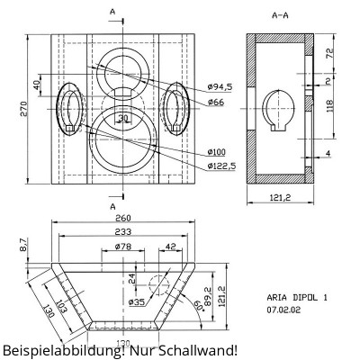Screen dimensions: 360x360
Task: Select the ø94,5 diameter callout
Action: point(220,86)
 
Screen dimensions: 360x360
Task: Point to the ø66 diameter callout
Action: point(215,102)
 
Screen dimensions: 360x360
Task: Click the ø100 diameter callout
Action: point(216,151)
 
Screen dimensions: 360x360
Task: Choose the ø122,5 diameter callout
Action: point(220,166)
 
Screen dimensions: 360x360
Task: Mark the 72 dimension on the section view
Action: point(329,54)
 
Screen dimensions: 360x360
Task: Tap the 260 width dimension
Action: point(122,218)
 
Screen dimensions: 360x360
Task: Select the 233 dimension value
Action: point(122,231)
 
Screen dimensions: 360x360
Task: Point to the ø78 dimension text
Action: point(124,246)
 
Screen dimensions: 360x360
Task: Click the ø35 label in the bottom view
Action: point(137,302)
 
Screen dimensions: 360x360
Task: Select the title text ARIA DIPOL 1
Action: point(298,295)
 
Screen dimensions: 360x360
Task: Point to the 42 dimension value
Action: point(170,246)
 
